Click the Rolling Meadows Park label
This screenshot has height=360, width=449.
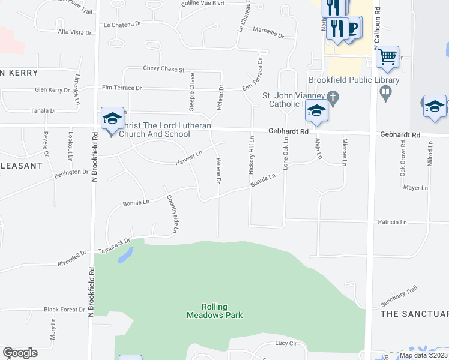214,311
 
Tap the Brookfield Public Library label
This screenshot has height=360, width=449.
354,80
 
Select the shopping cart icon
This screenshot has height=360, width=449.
388,58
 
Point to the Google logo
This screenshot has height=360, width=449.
20,353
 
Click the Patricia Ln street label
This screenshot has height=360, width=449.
392,223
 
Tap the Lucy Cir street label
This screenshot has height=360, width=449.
286,343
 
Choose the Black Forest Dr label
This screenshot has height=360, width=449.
64,310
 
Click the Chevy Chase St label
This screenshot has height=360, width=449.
163,70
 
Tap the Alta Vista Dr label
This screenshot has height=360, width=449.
74,31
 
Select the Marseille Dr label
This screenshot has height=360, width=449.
268,32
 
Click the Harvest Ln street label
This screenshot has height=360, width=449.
188,158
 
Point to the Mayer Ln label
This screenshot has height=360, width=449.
415,188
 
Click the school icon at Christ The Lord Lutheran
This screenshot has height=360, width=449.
112,118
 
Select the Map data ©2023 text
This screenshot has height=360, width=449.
423,355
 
